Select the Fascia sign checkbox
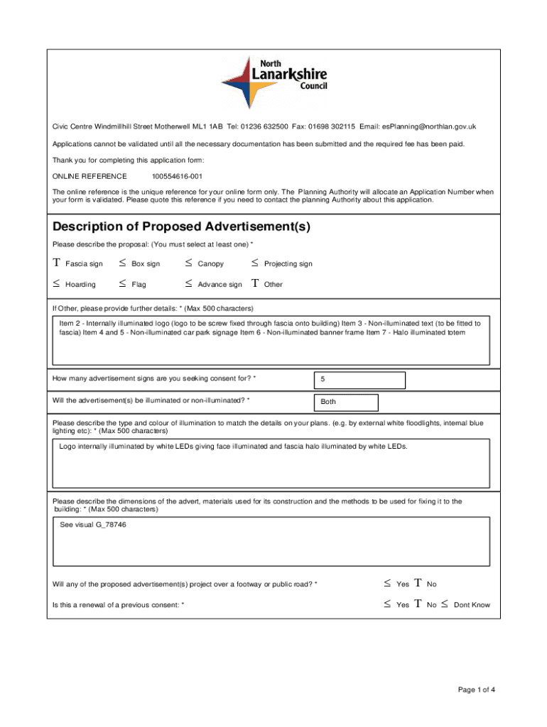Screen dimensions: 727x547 tap(56, 263)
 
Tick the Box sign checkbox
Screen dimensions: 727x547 tap(123, 263)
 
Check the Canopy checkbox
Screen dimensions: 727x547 tap(188, 263)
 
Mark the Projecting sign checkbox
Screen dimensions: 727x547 tap(255, 263)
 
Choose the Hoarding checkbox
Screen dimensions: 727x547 tap(56, 284)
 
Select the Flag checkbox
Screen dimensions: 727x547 tap(123, 284)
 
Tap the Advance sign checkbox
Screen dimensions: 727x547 tap(188, 284)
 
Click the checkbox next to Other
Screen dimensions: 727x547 tap(255, 284)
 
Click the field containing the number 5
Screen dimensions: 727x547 tap(359, 380)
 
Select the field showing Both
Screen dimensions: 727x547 tap(347, 402)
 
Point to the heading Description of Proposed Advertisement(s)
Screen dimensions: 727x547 tap(181, 227)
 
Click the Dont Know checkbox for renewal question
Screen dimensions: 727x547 tap(444, 605)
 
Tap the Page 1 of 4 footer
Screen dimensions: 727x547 tap(477, 689)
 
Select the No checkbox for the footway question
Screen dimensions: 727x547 tap(418, 584)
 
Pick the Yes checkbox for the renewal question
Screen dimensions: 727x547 tap(387, 605)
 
